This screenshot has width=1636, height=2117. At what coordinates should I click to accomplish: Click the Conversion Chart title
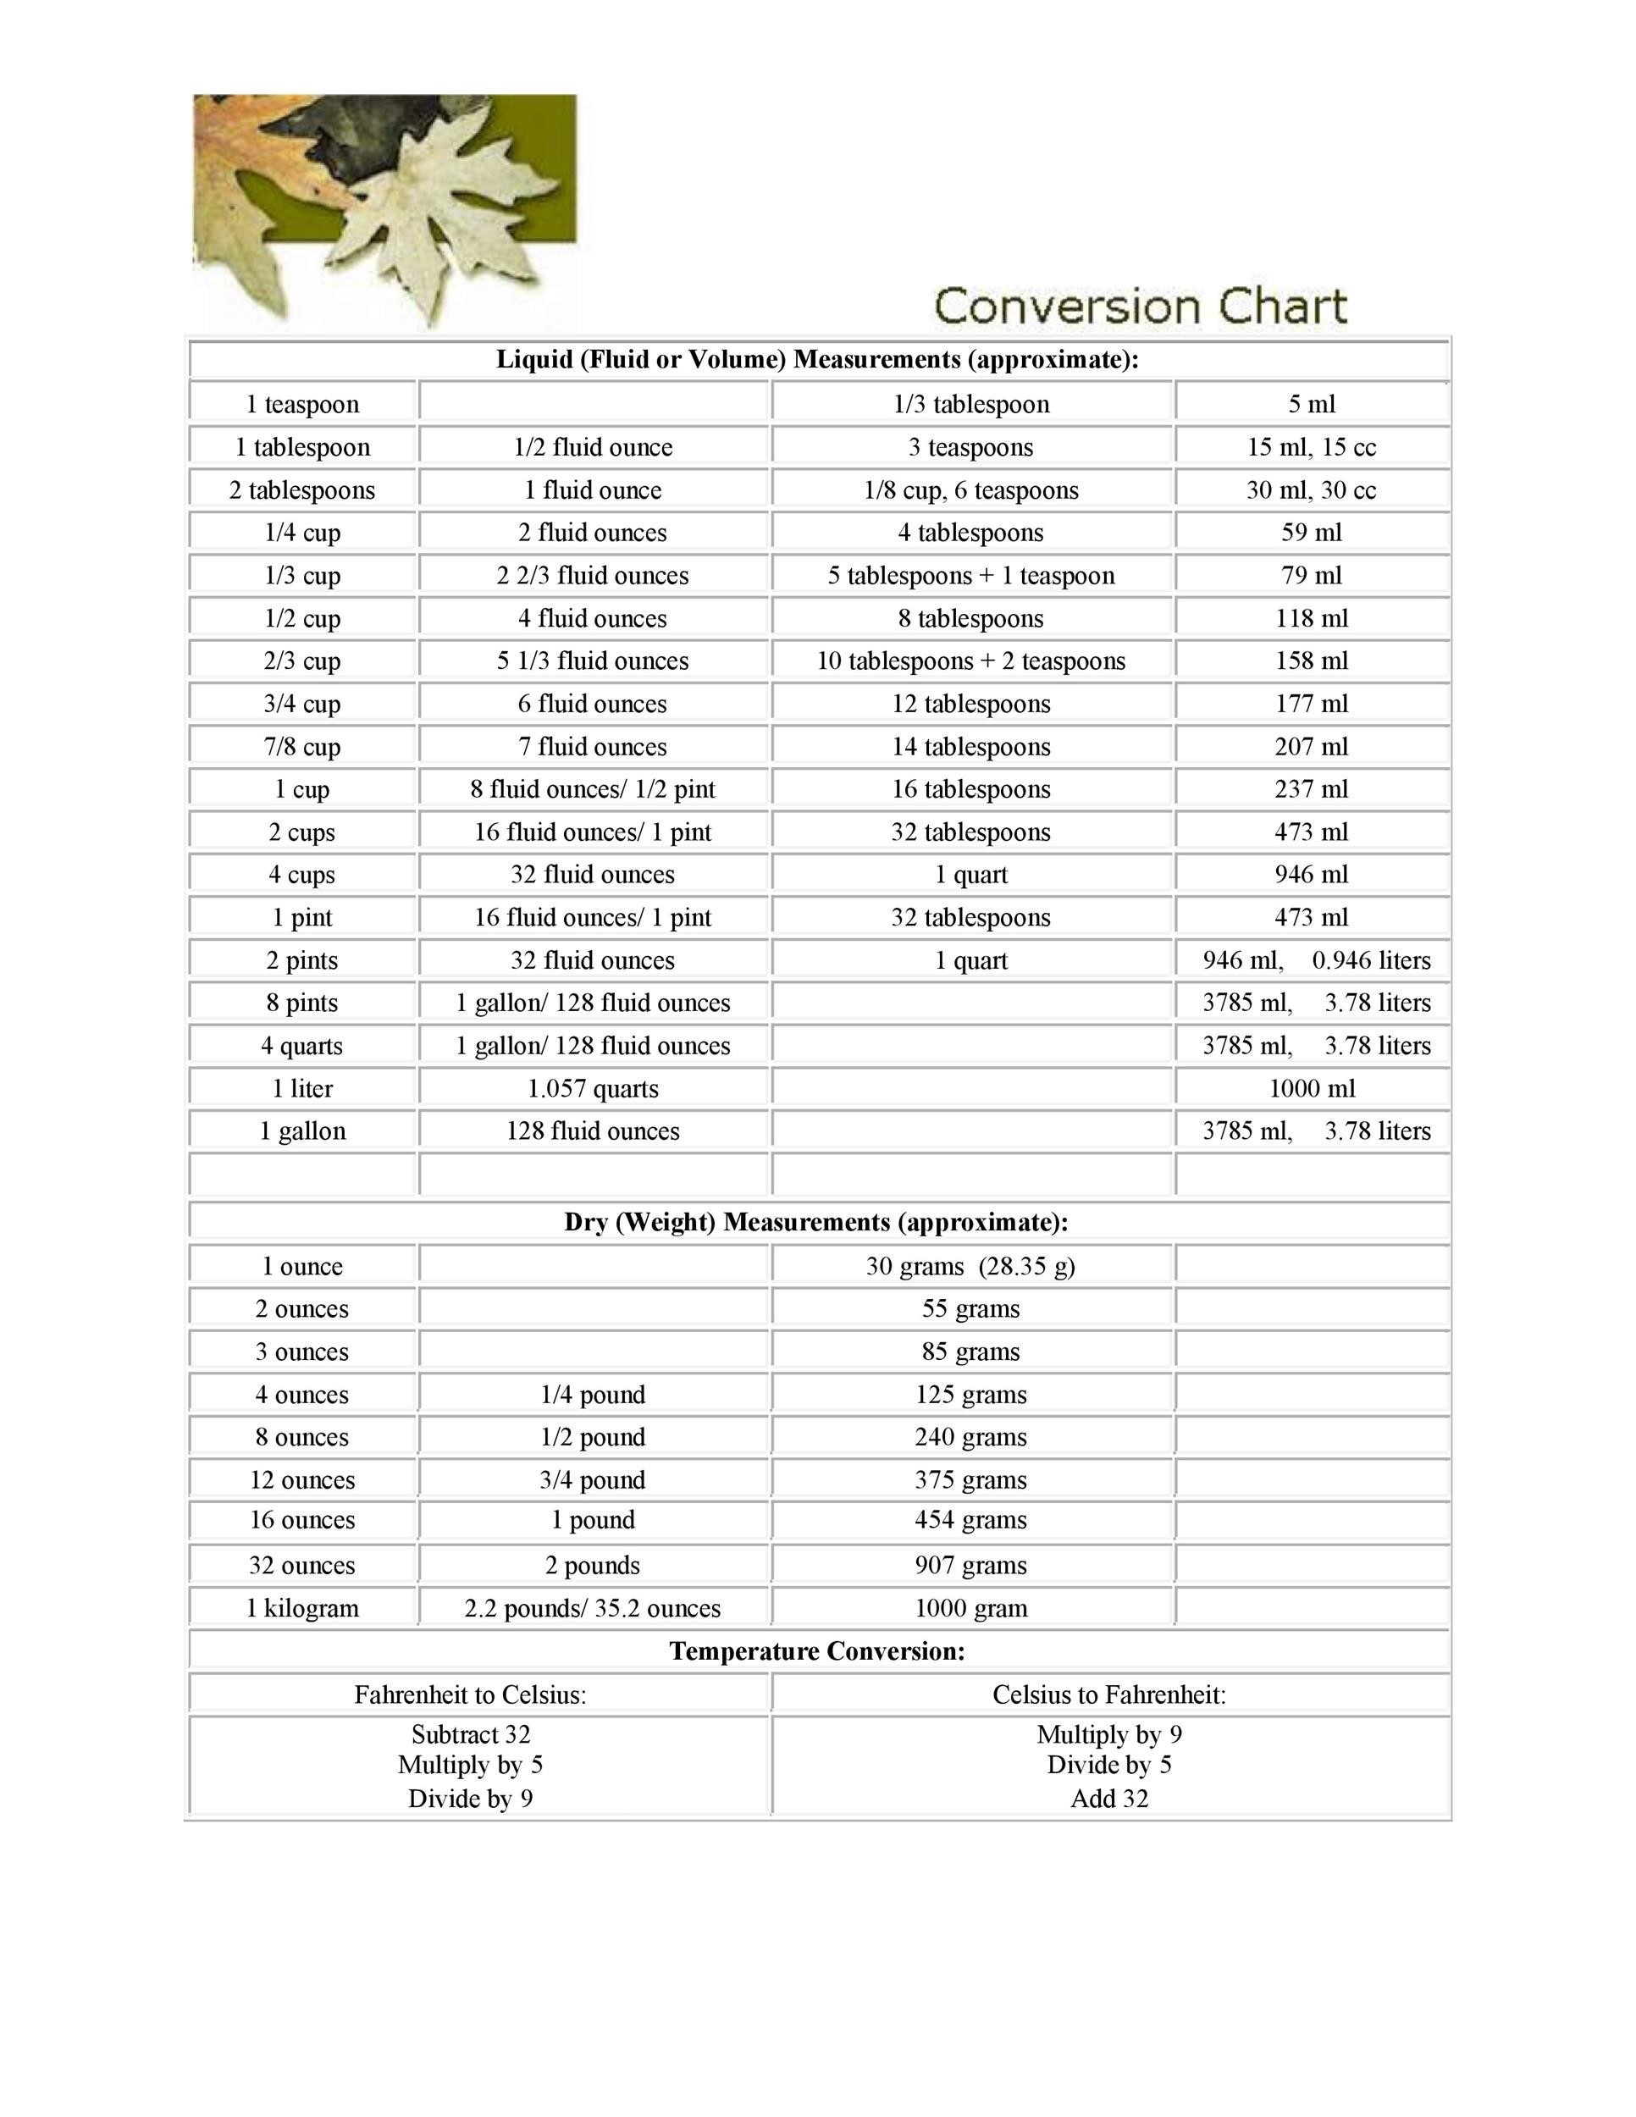[x=1140, y=307]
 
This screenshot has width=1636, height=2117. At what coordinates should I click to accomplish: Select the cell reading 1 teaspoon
[x=302, y=404]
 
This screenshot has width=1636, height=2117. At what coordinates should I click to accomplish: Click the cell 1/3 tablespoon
[x=971, y=404]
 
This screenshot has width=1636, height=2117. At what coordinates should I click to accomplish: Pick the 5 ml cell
[x=1312, y=404]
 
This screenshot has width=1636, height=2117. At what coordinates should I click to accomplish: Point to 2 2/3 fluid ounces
[x=592, y=576]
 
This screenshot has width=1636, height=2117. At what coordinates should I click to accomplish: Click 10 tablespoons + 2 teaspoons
[x=971, y=661]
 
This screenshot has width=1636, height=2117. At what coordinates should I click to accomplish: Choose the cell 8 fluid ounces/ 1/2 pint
[x=592, y=789]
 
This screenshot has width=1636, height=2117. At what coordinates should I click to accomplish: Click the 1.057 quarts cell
[x=592, y=1088]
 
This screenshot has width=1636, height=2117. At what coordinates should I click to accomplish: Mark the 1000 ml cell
[x=1312, y=1088]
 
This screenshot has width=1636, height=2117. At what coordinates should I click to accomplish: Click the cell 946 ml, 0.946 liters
[x=1315, y=960]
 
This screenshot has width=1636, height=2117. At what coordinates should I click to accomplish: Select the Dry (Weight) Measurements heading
[x=816, y=1222]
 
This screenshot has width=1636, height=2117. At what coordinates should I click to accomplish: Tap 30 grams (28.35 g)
[x=971, y=1267]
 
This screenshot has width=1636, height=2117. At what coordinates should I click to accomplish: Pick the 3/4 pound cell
[x=592, y=1480]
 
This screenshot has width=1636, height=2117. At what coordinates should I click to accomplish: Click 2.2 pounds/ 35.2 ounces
[x=592, y=1608]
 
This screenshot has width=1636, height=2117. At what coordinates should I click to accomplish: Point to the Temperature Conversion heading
[x=816, y=1650]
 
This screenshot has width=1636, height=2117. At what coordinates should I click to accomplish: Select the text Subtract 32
[x=470, y=1734]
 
